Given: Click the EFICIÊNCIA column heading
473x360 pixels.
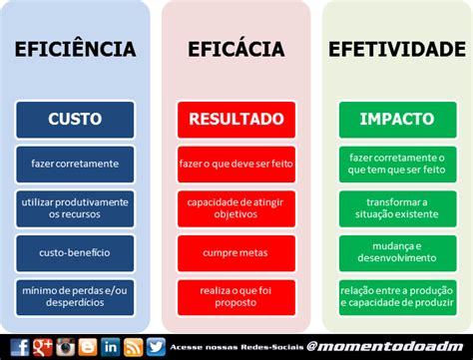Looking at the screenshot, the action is click(x=75, y=49).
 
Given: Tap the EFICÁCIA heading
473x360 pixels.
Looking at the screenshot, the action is click(x=236, y=49).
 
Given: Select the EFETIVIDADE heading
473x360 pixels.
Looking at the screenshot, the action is click(x=397, y=49).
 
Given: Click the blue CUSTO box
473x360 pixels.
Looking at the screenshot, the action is click(x=75, y=120).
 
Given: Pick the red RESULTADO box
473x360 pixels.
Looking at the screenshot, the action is click(x=236, y=120).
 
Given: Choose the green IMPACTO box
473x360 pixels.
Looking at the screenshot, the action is click(x=397, y=120).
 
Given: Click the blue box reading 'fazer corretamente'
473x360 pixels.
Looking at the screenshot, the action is click(x=75, y=165).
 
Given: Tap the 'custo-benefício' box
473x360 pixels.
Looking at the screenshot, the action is click(x=75, y=253).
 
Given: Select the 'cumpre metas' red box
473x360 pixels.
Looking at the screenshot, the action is click(x=236, y=253).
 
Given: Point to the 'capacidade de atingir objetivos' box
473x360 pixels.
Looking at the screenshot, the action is click(x=236, y=208).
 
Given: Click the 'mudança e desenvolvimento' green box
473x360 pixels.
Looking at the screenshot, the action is click(x=397, y=253).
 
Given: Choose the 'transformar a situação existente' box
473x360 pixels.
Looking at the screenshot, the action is click(x=397, y=208).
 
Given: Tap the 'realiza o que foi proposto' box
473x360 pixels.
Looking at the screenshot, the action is click(x=236, y=297).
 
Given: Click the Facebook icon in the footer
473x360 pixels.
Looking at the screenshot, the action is click(x=20, y=347).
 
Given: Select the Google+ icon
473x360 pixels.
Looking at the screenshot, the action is click(x=43, y=347).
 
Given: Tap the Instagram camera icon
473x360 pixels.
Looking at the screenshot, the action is click(x=65, y=347).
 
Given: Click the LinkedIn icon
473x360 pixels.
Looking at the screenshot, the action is click(x=111, y=347).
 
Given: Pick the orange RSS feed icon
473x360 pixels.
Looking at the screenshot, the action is click(x=133, y=347).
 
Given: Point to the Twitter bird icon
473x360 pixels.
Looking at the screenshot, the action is click(x=156, y=347).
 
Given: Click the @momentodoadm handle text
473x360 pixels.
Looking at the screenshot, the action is click(x=385, y=347).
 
